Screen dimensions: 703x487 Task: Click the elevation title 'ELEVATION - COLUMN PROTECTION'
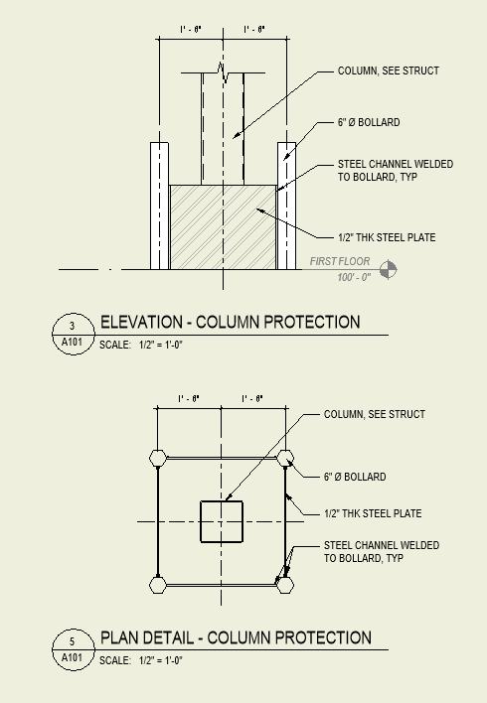click(x=230, y=323)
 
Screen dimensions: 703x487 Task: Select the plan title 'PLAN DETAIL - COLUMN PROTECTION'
click(x=236, y=637)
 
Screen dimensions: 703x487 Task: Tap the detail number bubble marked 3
click(x=72, y=326)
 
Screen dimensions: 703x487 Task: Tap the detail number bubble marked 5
click(x=72, y=640)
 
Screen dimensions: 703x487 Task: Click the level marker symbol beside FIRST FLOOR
click(x=388, y=268)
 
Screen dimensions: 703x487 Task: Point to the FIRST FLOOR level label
click(x=340, y=262)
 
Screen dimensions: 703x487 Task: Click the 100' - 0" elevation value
click(x=353, y=277)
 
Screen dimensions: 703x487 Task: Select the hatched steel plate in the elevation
click(x=223, y=226)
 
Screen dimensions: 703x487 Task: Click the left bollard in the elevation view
click(x=159, y=205)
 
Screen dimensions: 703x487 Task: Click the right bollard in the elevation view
click(x=286, y=205)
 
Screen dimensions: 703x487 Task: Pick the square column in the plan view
click(x=222, y=521)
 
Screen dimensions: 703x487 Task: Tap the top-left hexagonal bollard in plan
click(x=158, y=458)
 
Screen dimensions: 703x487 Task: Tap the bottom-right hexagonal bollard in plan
click(x=286, y=585)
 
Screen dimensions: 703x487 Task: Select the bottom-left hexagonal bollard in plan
click(x=158, y=585)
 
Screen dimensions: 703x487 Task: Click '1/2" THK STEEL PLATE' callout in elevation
click(x=387, y=237)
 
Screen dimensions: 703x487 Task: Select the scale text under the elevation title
click(x=142, y=345)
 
